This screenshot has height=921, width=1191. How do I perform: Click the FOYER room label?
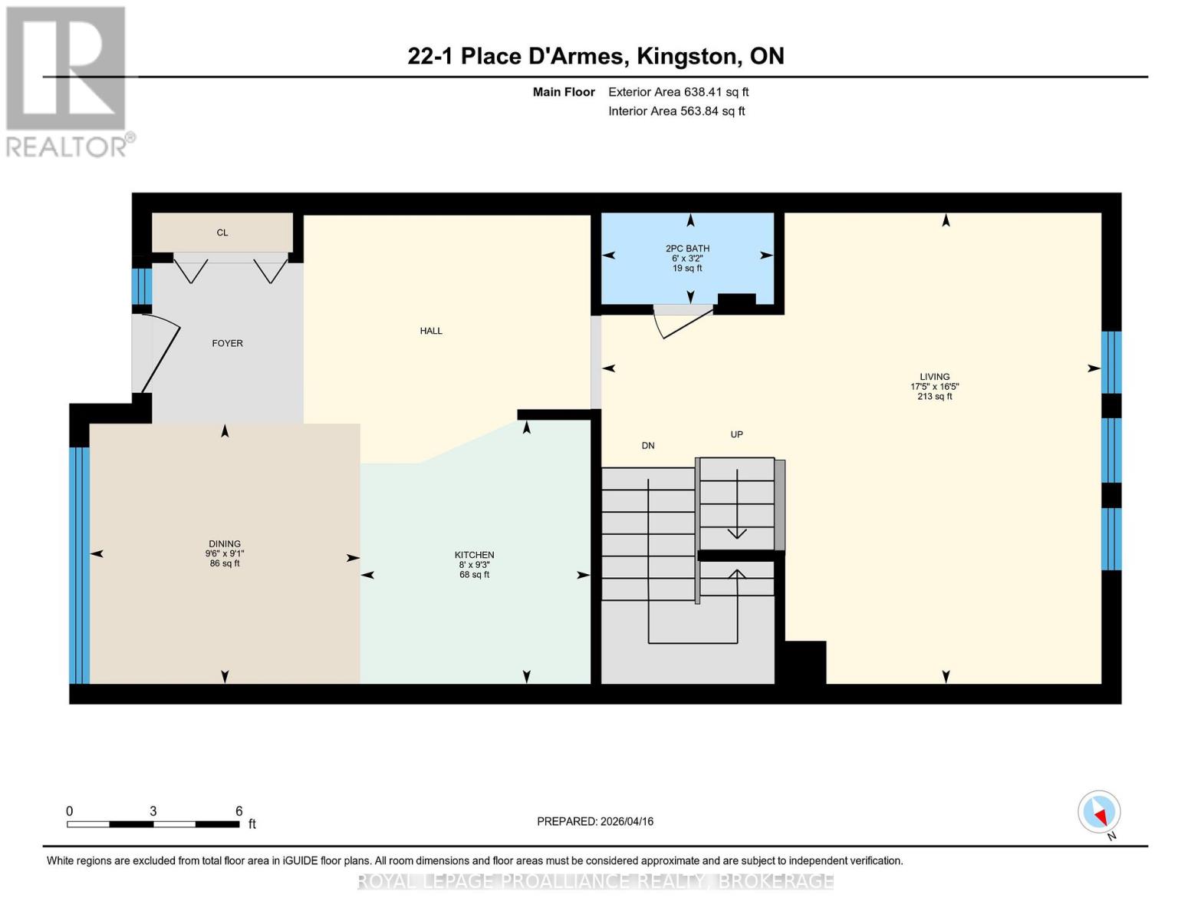click(227, 343)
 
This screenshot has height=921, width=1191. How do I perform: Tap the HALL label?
click(431, 331)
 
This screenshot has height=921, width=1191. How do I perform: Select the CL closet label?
click(222, 233)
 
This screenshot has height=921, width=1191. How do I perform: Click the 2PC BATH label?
click(687, 249)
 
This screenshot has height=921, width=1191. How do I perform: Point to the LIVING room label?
click(935, 377)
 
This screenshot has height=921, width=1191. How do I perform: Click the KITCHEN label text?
click(474, 555)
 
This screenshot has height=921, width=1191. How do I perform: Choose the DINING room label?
click(225, 544)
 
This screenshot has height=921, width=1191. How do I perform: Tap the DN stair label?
click(648, 446)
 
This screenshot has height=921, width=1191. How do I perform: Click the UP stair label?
click(736, 434)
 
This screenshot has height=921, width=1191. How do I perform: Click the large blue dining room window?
click(80, 565)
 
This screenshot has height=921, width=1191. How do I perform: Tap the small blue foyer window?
click(142, 286)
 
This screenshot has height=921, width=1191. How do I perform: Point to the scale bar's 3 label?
click(153, 811)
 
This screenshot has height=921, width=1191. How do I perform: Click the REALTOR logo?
click(67, 81)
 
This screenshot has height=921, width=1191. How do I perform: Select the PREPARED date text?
click(595, 821)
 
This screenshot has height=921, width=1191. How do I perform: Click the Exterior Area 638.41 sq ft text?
click(678, 92)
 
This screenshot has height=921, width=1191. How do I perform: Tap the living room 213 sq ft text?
click(935, 397)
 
